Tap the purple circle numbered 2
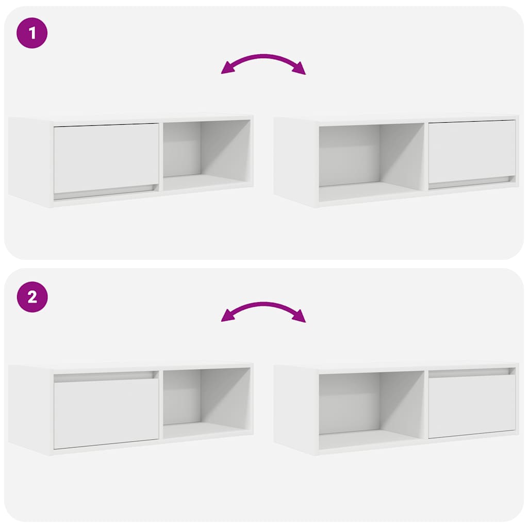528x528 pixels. (x=32, y=297)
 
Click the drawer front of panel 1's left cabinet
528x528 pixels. (x=106, y=158)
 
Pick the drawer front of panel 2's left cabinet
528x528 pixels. (x=106, y=414)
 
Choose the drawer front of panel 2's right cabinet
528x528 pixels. (x=472, y=406)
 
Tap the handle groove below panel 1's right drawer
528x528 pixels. (x=471, y=182)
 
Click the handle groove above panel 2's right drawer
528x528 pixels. (x=471, y=371)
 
